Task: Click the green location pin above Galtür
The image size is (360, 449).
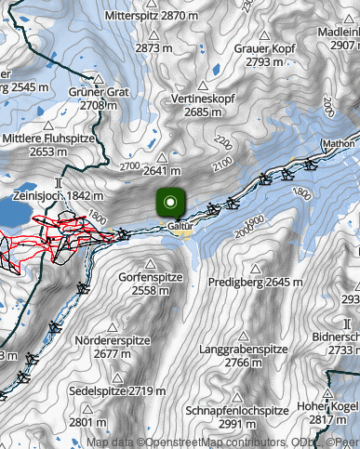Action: (x=170, y=202)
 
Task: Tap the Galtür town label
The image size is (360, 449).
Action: (x=180, y=225)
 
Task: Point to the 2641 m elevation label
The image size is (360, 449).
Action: (x=161, y=170)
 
